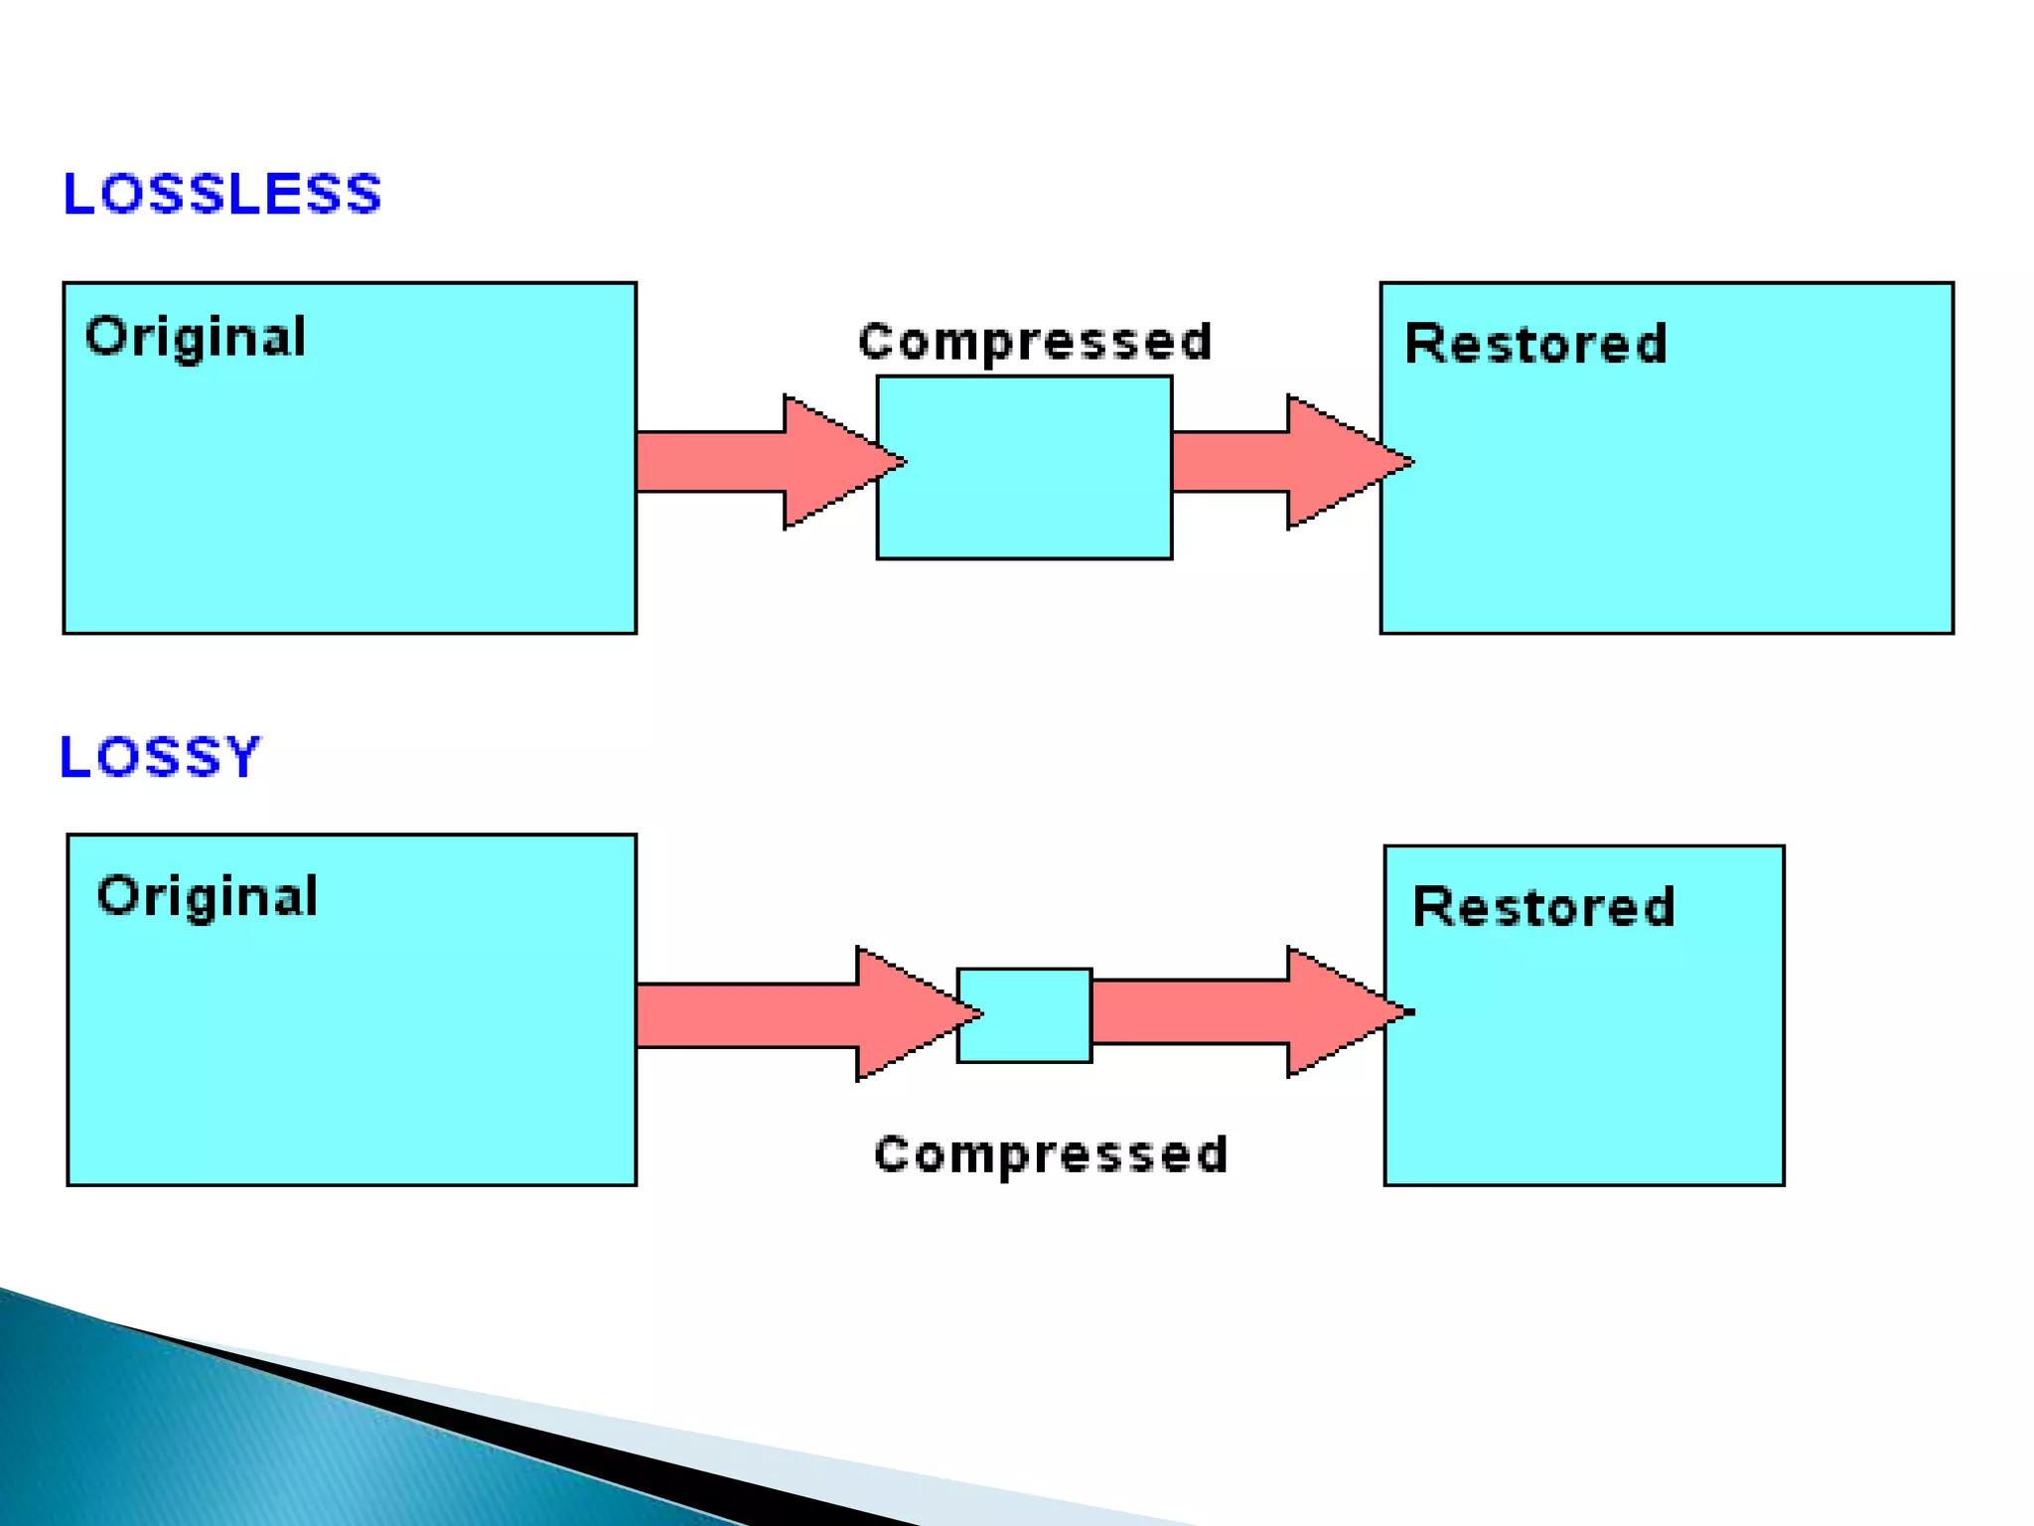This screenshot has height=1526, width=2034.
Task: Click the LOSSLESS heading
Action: click(x=221, y=194)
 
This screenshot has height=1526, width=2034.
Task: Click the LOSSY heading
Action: click(x=160, y=757)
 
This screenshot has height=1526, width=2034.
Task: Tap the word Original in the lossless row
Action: click(x=196, y=337)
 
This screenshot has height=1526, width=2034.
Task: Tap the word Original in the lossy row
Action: click(x=207, y=897)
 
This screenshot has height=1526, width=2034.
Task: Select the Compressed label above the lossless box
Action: click(x=1035, y=342)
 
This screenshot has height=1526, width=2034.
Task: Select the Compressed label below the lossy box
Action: click(x=1051, y=1154)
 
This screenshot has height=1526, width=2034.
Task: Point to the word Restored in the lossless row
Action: click(x=1535, y=345)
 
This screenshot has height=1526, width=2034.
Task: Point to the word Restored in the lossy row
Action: click(x=1543, y=907)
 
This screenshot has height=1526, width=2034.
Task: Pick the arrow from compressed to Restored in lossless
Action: click(x=1281, y=462)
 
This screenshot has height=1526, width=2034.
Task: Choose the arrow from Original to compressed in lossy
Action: click(x=795, y=1014)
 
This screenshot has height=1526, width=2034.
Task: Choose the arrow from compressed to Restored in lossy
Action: click(x=1241, y=1012)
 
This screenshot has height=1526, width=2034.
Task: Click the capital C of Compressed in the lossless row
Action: click(x=876, y=342)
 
